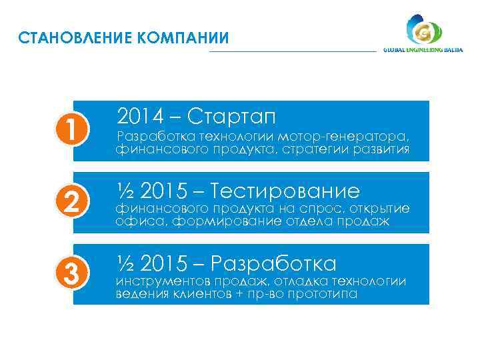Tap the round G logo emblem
pyautogui.click(x=423, y=32)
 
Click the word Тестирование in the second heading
pyautogui.click(x=285, y=192)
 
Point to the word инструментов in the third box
pyautogui.click(x=161, y=281)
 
